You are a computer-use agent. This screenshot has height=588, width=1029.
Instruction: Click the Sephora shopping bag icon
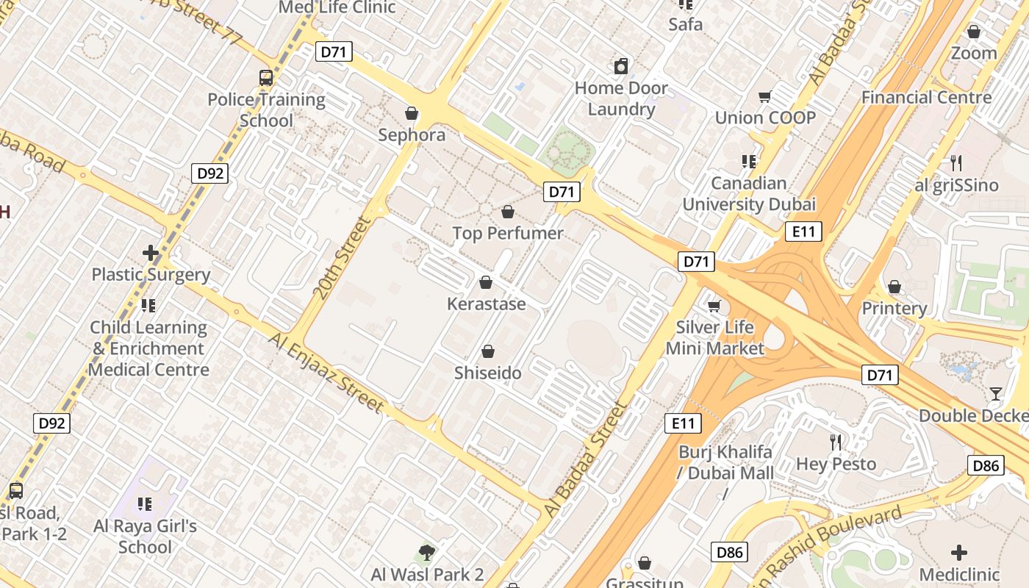412,113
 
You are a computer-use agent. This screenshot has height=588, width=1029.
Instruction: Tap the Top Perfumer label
508,234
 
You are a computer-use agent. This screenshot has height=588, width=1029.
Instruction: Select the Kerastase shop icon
486,282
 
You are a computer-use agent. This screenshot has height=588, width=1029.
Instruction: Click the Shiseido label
488,373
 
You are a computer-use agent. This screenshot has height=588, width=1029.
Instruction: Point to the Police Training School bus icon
266,77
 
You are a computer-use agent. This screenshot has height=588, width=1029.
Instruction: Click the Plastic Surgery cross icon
151,254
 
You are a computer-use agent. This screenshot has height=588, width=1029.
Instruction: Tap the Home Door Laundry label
621,98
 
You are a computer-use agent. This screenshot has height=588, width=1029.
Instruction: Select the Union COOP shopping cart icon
765,96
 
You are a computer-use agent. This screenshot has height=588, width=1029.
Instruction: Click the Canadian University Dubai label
749,194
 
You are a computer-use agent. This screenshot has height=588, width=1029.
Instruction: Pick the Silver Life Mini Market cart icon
714,306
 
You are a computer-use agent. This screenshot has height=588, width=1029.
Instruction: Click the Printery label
894,308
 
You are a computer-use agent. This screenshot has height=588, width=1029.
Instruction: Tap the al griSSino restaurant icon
956,163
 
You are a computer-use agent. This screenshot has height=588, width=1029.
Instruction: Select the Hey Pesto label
836,465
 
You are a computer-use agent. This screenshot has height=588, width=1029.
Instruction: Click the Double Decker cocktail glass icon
996,394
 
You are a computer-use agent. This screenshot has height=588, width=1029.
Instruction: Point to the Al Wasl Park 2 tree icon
426,552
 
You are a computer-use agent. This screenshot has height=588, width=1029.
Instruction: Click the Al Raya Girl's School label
146,537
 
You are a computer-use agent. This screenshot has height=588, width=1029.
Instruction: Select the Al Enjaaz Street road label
326,373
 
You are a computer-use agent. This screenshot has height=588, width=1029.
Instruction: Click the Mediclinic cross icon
959,553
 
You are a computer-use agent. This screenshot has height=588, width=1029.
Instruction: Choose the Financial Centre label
926,97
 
